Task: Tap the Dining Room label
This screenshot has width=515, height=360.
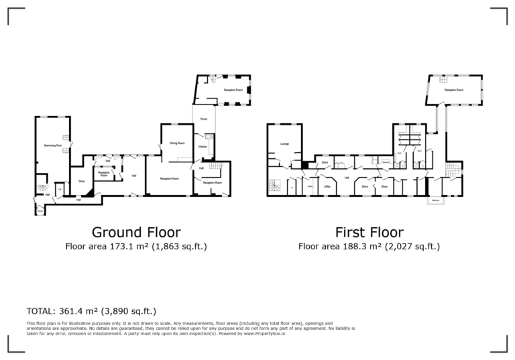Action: point(177,142)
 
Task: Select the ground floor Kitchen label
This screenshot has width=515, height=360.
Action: point(203,146)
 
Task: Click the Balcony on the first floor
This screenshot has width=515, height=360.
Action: point(437,200)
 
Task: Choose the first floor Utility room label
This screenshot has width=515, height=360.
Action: point(327,186)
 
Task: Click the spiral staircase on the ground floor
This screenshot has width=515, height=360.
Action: point(42,188)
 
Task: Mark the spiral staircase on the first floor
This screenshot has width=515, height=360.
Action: point(275,185)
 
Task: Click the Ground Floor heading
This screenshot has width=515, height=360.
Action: point(135,233)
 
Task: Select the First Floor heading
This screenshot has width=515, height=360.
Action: point(369,233)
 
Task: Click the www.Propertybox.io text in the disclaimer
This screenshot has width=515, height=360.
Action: point(263,333)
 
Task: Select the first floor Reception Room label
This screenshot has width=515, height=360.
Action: point(454,89)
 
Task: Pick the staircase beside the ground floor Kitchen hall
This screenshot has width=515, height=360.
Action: point(215,166)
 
